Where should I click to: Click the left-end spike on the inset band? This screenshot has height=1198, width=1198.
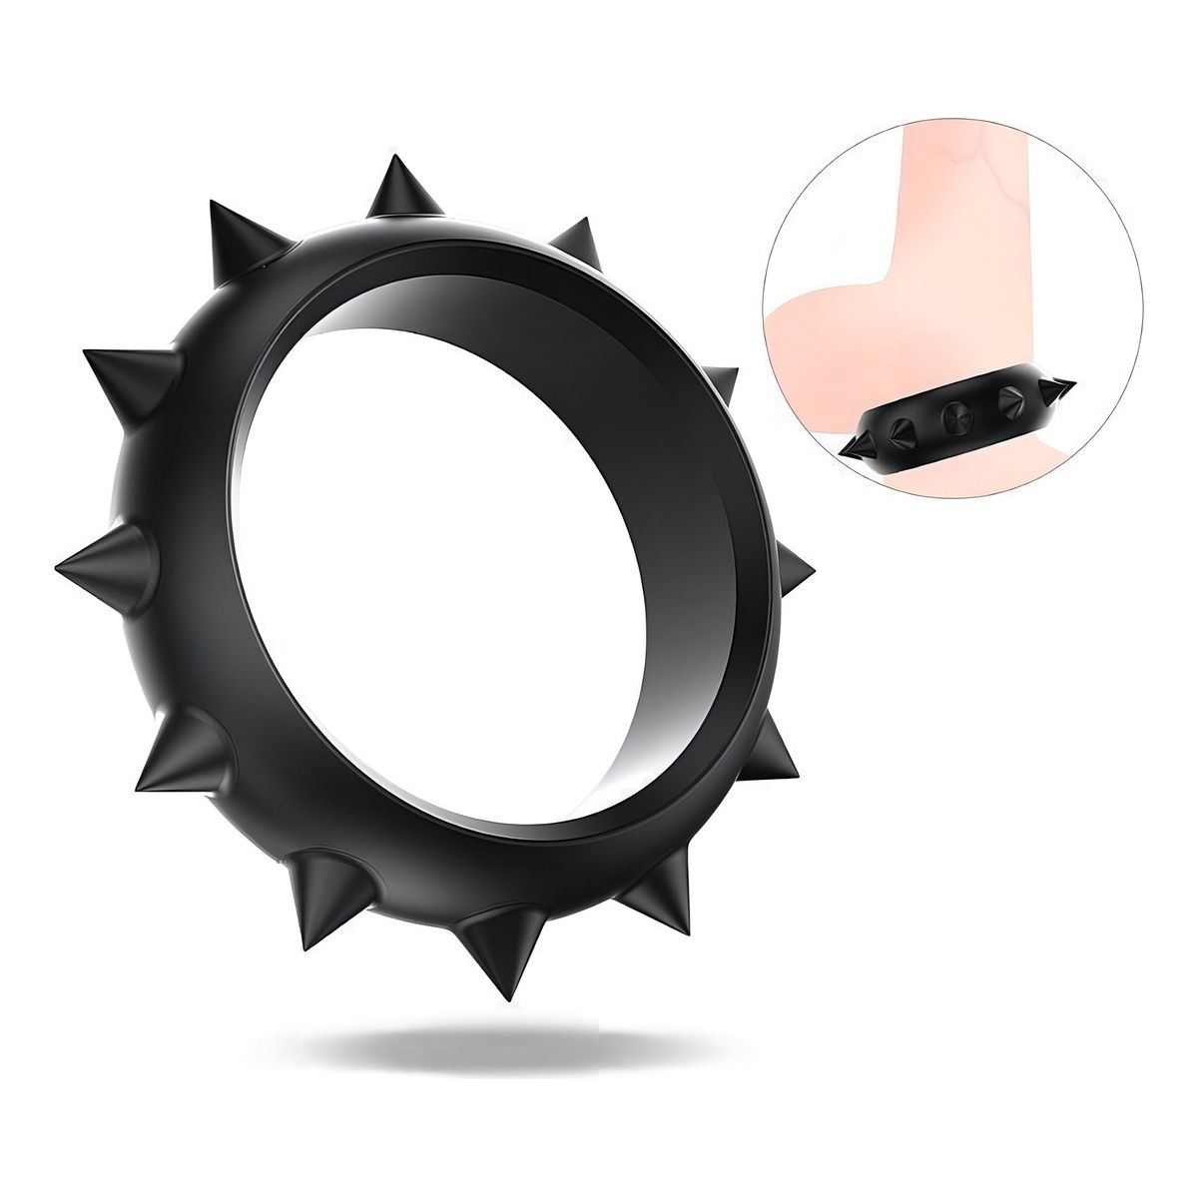[863, 441]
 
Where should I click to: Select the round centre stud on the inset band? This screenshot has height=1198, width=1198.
[954, 413]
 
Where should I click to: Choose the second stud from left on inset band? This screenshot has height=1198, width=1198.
[901, 428]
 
